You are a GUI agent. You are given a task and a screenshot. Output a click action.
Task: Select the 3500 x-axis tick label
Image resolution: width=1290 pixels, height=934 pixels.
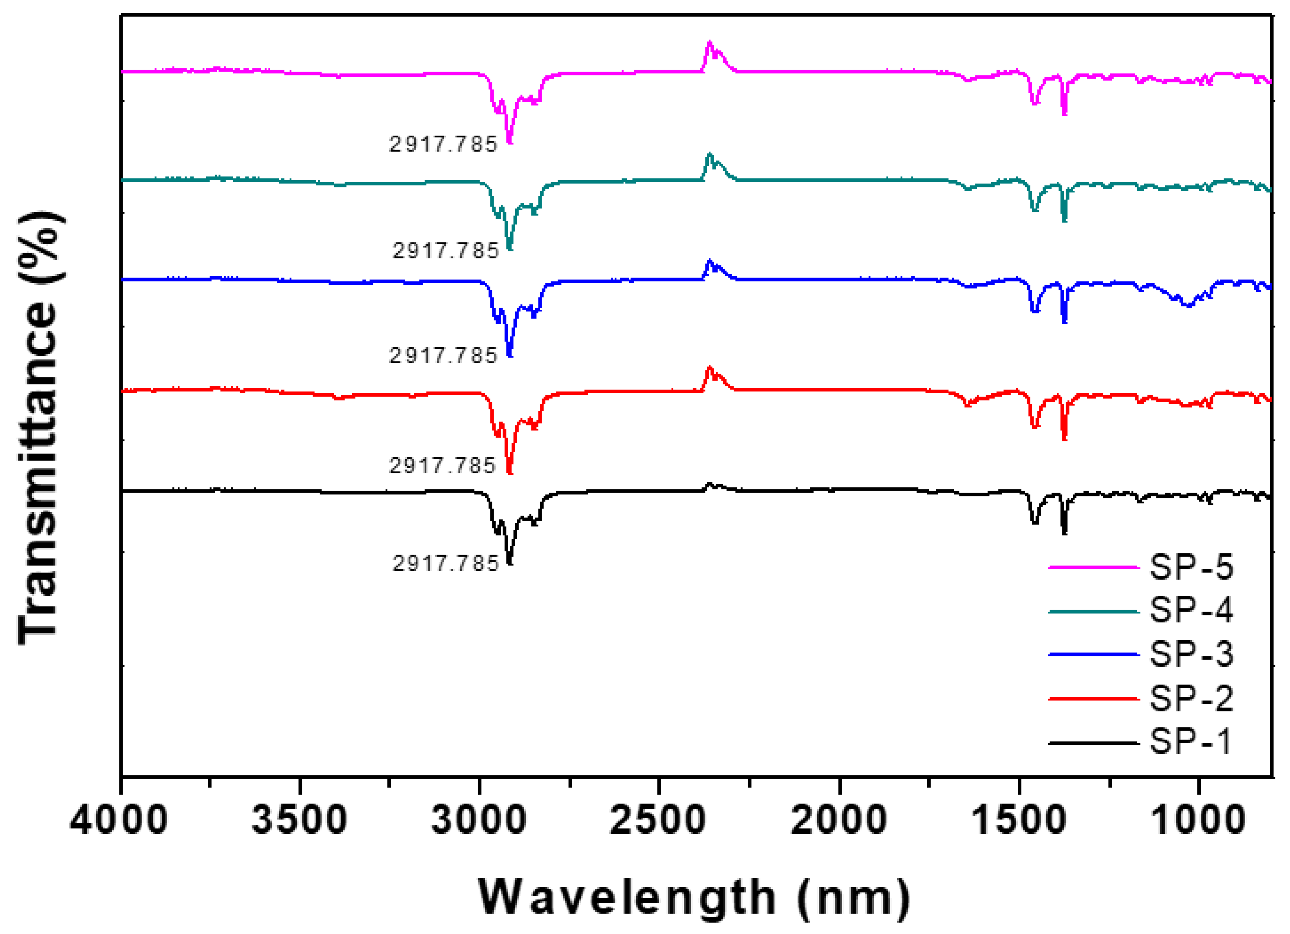pos(299,821)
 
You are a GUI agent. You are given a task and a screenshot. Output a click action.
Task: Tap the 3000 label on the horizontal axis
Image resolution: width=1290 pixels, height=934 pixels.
pos(479,821)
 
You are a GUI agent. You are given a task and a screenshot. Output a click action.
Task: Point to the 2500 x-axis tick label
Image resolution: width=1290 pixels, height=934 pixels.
pos(658,821)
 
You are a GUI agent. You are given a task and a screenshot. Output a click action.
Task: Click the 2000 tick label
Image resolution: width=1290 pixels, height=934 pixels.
pos(839,821)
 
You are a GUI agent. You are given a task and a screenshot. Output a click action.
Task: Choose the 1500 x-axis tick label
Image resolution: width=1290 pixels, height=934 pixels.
pos(1019,821)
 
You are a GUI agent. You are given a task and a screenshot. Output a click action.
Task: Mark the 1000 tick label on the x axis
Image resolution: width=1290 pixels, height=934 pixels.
pos(1198,821)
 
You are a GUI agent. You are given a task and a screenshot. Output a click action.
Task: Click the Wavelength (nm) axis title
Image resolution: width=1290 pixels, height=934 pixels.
pos(694,899)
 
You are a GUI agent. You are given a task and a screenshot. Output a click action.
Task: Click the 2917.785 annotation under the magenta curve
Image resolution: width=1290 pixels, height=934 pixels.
pos(443,145)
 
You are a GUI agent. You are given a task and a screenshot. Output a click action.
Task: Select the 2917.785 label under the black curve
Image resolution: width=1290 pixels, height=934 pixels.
pos(445,564)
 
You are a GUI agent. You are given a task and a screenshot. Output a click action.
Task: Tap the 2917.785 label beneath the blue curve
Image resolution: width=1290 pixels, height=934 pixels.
pos(443,356)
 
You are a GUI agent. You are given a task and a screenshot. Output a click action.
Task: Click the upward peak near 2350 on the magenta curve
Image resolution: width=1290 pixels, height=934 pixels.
pos(709,43)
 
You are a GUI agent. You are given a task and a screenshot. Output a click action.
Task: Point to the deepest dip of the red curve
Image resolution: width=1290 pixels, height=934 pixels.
pos(509,472)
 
